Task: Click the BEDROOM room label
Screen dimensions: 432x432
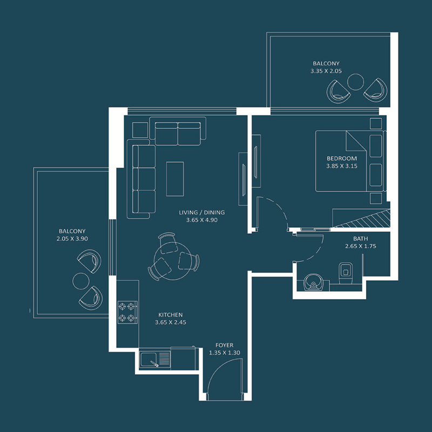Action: (x=342, y=158)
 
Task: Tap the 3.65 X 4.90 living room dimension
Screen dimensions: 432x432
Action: (x=201, y=220)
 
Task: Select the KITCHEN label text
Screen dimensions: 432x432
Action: (x=170, y=315)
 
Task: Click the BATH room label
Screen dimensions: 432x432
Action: (x=360, y=239)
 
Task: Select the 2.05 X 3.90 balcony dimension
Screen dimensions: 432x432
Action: (x=72, y=238)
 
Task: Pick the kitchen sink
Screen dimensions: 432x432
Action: (x=154, y=359)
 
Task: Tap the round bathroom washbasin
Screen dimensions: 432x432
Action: (x=313, y=282)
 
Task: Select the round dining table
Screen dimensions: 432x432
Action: (x=172, y=257)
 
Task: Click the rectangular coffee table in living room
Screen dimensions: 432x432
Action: (x=174, y=179)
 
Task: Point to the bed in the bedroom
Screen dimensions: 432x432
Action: (x=348, y=161)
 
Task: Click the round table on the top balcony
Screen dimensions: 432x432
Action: (x=356, y=82)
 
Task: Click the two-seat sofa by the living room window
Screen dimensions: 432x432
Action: (x=178, y=133)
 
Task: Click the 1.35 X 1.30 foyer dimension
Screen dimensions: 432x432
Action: (x=224, y=353)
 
